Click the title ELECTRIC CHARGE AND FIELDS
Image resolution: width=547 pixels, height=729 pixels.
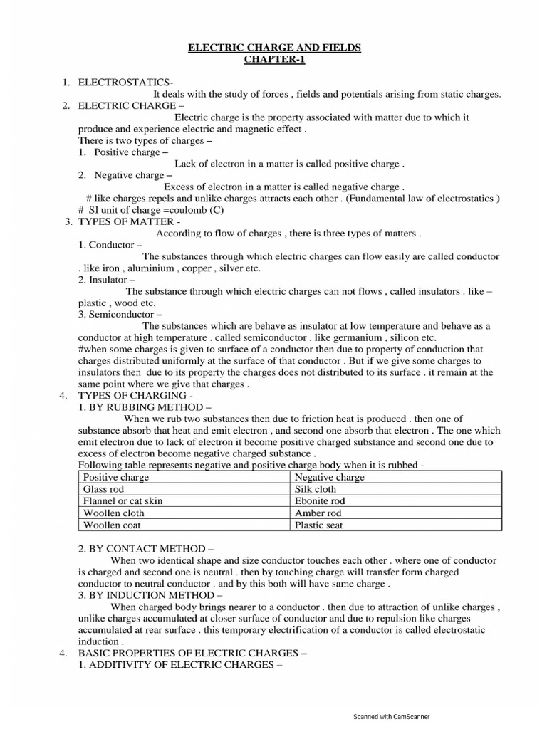click(x=274, y=48)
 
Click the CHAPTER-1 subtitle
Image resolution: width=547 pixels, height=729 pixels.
click(x=274, y=60)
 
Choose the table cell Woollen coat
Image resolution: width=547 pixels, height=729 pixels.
click(x=113, y=525)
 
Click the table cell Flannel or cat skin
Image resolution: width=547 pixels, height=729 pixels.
click(x=123, y=501)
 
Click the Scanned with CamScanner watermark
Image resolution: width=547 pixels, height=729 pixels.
click(x=392, y=717)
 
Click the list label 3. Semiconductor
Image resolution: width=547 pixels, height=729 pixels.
click(x=120, y=314)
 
